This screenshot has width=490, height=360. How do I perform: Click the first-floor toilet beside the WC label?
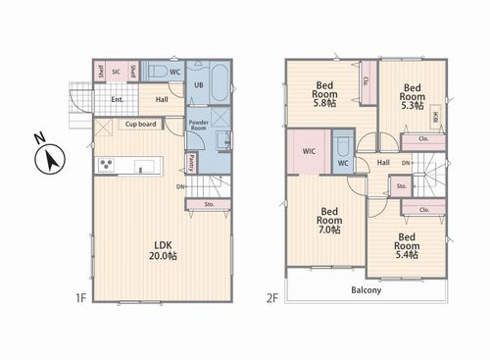(156, 71)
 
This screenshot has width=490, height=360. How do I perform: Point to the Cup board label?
(140, 125)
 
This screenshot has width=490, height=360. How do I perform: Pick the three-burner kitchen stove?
(105, 165)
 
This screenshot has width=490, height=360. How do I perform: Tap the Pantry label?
(190, 163)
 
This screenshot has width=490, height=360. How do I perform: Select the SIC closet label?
(116, 72)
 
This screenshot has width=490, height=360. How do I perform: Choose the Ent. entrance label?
(117, 99)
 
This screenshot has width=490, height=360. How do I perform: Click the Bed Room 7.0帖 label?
(329, 222)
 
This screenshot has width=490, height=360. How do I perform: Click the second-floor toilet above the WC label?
(343, 147)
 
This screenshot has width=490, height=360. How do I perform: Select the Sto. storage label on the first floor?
(210, 204)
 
